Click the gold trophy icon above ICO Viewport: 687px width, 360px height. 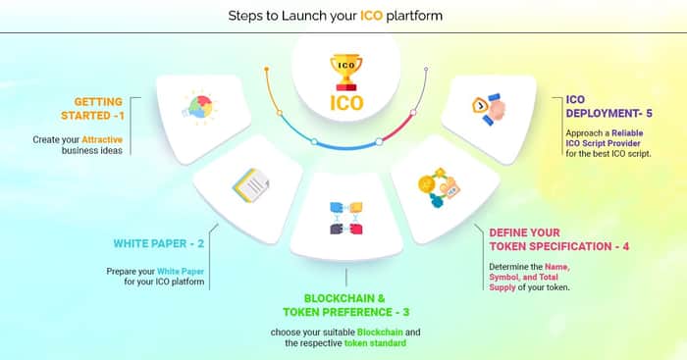coord(346,73)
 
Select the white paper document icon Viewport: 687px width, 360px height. coord(251,185)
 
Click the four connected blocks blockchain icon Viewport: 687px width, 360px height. coord(346,218)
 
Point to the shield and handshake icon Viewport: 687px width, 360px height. coord(489,109)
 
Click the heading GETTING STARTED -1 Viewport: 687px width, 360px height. coord(92,109)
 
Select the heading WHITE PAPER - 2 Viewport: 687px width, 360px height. coord(159,243)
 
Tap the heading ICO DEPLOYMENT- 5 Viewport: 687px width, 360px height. coord(609,106)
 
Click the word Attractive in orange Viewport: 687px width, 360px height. coord(102,139)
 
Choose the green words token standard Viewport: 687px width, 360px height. coord(375,343)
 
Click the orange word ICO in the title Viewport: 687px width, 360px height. coord(372,16)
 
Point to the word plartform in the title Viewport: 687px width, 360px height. coord(414,17)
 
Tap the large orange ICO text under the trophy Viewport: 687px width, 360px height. coord(346,103)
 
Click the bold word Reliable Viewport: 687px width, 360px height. coord(627,132)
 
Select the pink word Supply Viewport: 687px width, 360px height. coord(502,287)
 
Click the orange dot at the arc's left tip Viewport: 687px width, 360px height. coord(266,69)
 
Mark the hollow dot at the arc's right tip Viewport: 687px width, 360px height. coord(426,69)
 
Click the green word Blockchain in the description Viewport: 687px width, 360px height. coord(380,333)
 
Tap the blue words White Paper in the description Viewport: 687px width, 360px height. coord(181,272)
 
